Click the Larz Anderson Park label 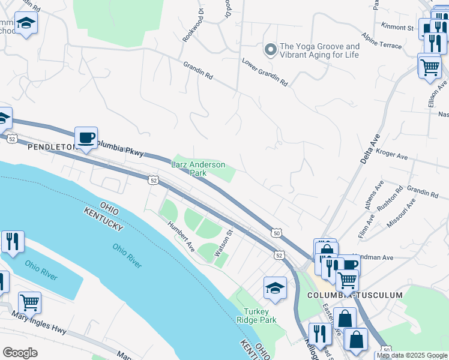tap(198, 169)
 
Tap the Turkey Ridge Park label tap(260, 316)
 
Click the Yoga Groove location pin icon tap(271, 50)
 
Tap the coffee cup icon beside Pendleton tap(86, 138)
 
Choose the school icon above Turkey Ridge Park tap(275, 288)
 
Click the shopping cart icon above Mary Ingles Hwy tap(29, 303)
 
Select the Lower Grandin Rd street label tap(265, 71)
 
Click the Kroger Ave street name tap(391, 156)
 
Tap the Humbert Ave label tap(181, 236)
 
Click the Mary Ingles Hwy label tap(37, 323)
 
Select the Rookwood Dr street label tap(192, 27)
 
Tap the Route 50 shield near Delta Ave tap(276, 233)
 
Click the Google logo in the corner tap(20, 353)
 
